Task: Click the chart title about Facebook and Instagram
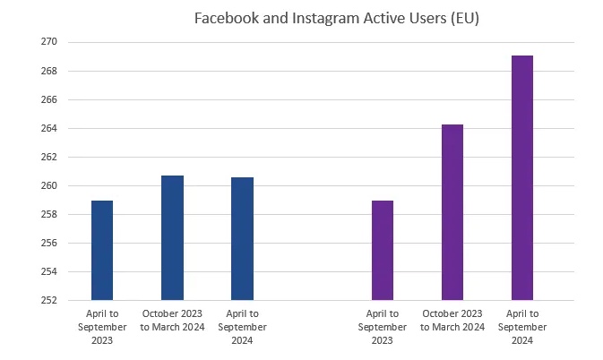click(x=336, y=20)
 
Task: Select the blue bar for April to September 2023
click(x=102, y=251)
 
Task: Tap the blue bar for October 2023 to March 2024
click(x=172, y=238)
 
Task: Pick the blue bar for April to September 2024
click(x=242, y=239)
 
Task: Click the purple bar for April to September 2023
click(x=383, y=251)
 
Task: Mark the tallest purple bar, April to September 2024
click(x=522, y=178)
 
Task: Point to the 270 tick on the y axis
click(x=48, y=42)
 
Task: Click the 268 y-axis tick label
click(x=48, y=71)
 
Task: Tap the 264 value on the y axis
click(x=48, y=128)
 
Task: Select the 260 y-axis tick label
click(x=48, y=185)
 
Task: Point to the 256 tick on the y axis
click(x=48, y=243)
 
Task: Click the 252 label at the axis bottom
click(x=48, y=300)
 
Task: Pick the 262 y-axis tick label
click(x=48, y=157)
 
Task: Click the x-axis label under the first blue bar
click(x=102, y=327)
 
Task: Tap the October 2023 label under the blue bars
click(x=172, y=320)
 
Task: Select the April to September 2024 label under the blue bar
click(x=242, y=327)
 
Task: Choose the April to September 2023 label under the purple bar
click(x=383, y=327)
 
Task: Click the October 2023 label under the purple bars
click(x=452, y=320)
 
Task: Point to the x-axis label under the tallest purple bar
click(x=522, y=327)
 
